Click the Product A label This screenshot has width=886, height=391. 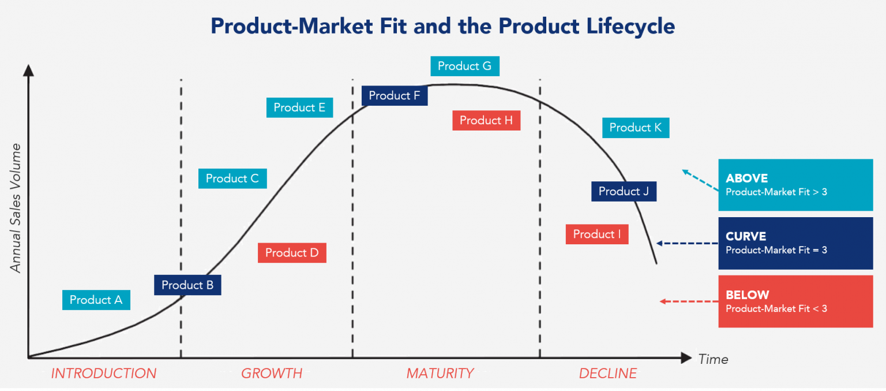tap(96, 300)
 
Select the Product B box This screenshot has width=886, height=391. tap(187, 285)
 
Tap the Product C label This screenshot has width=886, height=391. tap(232, 178)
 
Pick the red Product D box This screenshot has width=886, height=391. tap(292, 252)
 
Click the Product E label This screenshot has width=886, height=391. tap(299, 107)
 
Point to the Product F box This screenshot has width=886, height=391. tap(395, 95)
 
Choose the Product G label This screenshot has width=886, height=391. tap(464, 66)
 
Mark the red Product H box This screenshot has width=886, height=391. tap(486, 120)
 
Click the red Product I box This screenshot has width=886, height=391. tap(597, 234)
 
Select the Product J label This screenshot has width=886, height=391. tap(624, 191)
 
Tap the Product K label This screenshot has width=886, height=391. tap(636, 128)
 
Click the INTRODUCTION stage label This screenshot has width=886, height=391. tap(104, 374)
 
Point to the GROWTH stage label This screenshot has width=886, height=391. tap(272, 374)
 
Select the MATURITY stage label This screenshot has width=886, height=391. tap(440, 374)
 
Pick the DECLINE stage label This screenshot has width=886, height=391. tap(608, 374)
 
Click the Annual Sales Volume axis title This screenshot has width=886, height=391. tap(16, 208)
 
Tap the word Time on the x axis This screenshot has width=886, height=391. tap(713, 359)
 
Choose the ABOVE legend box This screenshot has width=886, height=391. tap(795, 185)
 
